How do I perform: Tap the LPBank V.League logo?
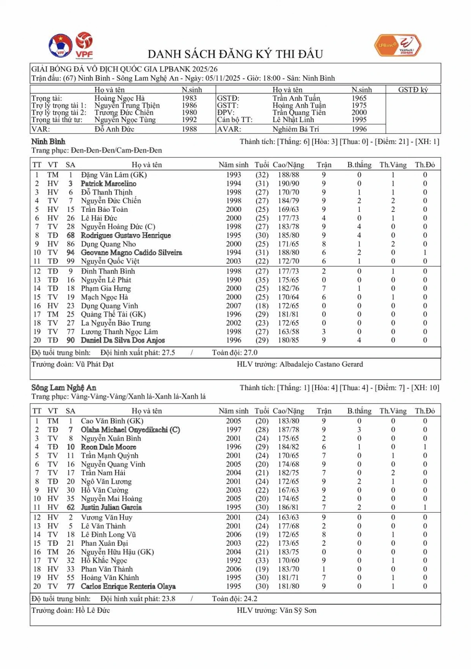coord(397,46)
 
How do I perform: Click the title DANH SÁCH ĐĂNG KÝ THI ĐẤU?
coord(235,54)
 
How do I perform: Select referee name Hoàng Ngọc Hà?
coord(119,98)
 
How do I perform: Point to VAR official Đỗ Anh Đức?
coord(114,129)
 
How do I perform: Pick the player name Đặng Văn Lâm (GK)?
coord(113,175)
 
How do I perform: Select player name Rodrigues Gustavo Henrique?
coord(126,235)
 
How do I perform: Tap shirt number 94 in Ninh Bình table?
coord(71,253)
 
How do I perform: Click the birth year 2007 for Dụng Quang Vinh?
coord(234,306)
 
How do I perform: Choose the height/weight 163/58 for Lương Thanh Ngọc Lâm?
coord(288,332)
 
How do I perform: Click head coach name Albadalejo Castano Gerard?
coord(321,364)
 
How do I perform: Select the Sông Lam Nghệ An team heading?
coord(64,388)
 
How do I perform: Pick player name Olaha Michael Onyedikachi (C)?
coord(130,430)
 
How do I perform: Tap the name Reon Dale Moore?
coord(108,447)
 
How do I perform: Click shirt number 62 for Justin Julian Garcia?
coord(71,507)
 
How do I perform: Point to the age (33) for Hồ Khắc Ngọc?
coord(261,560)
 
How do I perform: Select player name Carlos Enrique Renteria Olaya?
coord(128,586)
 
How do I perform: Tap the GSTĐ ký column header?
coord(413,90)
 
